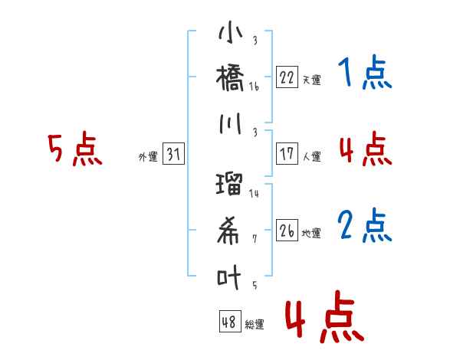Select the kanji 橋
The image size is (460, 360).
[x=230, y=79]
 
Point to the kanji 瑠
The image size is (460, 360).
[x=230, y=185]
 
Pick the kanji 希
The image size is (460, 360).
[x=230, y=231]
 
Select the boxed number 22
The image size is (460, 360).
[x=287, y=77]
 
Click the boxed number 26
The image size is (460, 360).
[x=287, y=231]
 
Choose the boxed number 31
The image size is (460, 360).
[x=173, y=155]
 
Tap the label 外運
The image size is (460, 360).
[x=147, y=157]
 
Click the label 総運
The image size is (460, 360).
[x=255, y=324]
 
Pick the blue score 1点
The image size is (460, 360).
[x=366, y=74]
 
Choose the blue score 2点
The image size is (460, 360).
[x=366, y=226]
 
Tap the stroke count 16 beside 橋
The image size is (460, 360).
[x=254, y=87]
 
